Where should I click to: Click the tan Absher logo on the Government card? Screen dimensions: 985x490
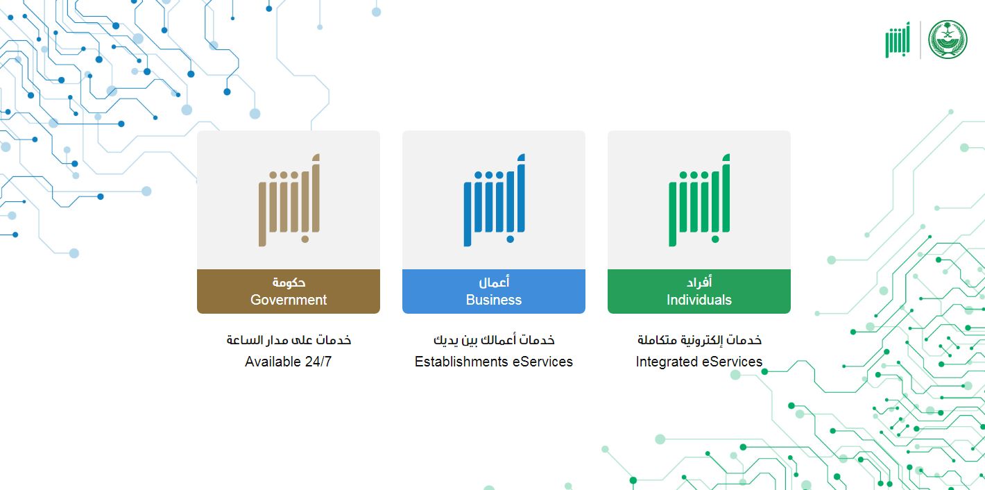(289, 200)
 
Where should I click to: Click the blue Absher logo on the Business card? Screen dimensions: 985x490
(495, 200)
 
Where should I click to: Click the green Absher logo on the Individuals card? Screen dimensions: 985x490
(699, 200)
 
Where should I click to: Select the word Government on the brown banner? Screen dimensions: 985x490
(289, 300)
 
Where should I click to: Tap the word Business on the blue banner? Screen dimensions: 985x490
(494, 300)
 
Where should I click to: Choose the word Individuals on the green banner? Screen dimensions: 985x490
(699, 300)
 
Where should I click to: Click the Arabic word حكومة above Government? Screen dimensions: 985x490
(289, 282)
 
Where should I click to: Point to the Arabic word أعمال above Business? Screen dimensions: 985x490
(494, 282)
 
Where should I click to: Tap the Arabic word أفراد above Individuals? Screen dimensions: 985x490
(699, 282)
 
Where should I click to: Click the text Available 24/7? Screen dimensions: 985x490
(288, 362)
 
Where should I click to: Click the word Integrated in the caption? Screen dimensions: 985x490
(667, 362)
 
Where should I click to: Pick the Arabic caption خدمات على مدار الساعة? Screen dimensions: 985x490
(289, 340)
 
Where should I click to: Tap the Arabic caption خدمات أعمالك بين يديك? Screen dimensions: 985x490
(494, 340)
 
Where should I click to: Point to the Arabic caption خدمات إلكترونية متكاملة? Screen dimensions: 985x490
(699, 340)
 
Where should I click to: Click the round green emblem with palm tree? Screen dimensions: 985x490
(948, 40)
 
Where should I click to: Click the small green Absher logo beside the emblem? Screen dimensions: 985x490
(898, 40)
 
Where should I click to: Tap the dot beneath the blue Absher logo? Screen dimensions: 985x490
(510, 239)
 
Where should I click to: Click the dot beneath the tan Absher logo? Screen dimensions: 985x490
(305, 239)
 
